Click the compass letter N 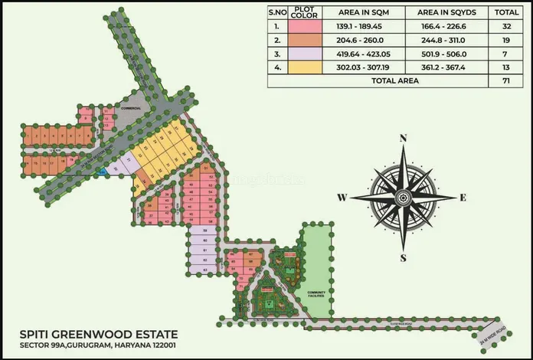tap(404, 139)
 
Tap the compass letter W tap(342, 198)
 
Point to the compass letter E tap(463, 198)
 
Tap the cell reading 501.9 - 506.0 tap(448, 54)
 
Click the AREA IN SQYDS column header tap(448, 12)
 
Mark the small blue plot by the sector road tap(103, 172)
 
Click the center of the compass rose tap(404, 198)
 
